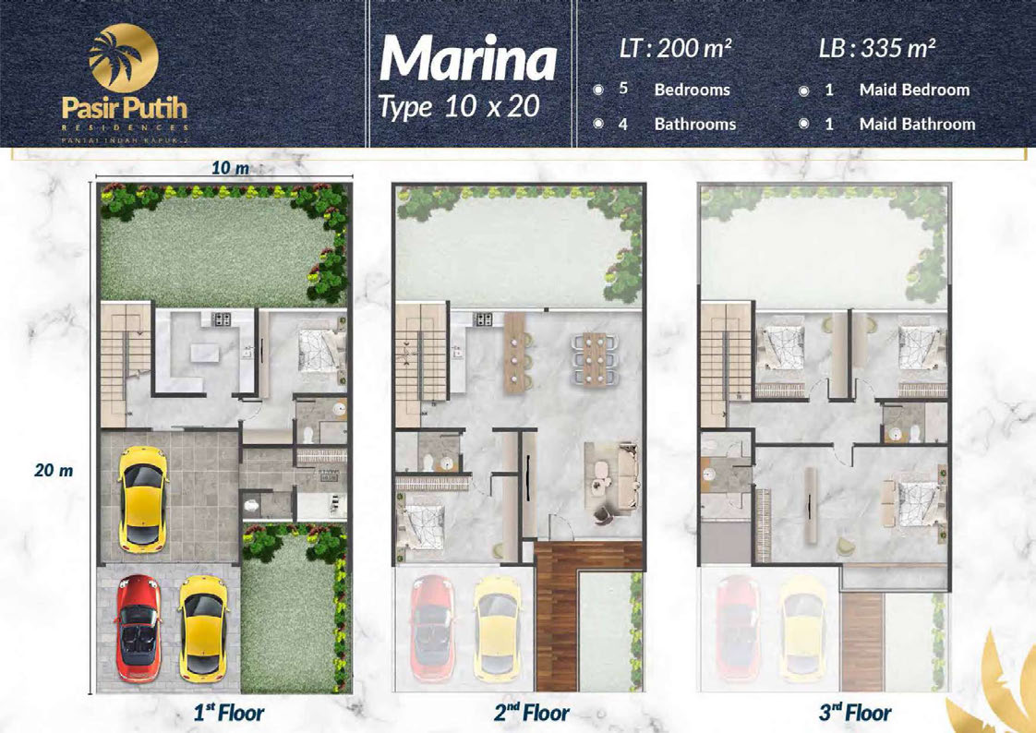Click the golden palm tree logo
point(124,57)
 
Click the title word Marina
point(468,59)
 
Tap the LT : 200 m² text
point(675,48)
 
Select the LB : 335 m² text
point(877,48)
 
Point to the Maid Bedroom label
point(914,90)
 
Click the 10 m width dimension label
point(230,168)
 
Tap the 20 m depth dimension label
point(54,471)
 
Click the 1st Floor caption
point(229,714)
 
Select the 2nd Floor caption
point(532,714)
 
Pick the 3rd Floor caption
point(855,714)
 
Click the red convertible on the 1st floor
point(139,628)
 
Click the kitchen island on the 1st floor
point(205,354)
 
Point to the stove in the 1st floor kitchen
point(222,319)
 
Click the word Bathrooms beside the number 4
point(695,124)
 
